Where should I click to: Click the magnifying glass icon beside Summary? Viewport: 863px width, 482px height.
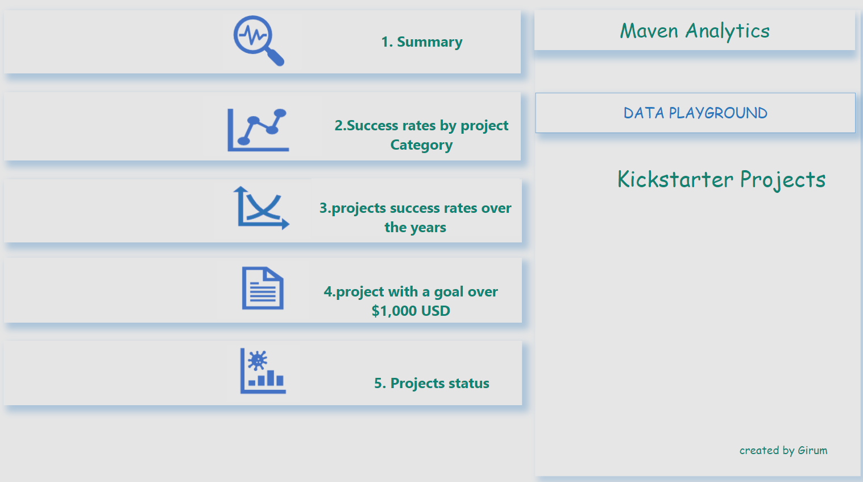point(259,40)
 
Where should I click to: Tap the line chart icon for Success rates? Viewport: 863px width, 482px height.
point(258,130)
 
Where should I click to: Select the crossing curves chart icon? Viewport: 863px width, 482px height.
point(261,208)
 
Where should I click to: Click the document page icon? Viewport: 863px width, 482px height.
point(263,288)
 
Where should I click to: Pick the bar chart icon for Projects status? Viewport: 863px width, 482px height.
point(263,371)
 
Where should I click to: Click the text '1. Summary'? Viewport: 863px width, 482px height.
point(421,42)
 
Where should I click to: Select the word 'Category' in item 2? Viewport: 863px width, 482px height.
point(421,145)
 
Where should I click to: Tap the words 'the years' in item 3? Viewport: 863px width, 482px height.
point(416,227)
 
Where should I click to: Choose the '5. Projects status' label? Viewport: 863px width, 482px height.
point(431,384)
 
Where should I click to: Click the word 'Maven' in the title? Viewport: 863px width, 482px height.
point(649,31)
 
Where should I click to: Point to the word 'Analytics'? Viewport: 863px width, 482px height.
point(728,31)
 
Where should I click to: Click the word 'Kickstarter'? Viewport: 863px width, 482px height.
point(675,179)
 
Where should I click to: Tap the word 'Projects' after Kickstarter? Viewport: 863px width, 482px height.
point(783,180)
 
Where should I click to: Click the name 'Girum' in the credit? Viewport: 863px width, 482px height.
point(812,450)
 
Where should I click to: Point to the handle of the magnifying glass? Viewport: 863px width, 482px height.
point(275,57)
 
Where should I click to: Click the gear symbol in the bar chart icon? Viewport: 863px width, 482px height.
point(258,361)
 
